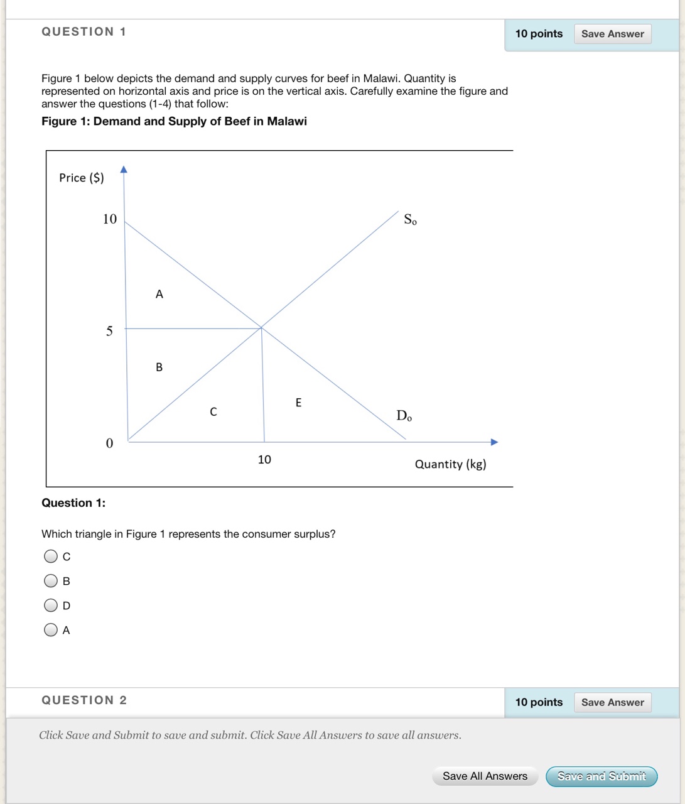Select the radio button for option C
coord(51,557)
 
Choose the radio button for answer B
coord(51,581)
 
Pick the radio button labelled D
coord(51,606)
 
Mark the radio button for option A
coord(51,630)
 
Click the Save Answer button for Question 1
coord(612,34)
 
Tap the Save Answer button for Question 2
coord(612,702)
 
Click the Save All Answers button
coord(485,776)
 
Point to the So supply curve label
coord(410,219)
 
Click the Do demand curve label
coord(404,416)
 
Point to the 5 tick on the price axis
coord(109,331)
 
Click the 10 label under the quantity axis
coord(264,460)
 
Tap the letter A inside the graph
coord(159,294)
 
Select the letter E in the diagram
coord(298,403)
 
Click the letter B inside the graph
coord(159,367)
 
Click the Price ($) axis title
coord(82,178)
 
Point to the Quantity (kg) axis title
coord(450,464)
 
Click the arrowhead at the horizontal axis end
coord(494,442)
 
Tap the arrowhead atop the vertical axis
coord(124,169)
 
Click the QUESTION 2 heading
coord(84,700)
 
